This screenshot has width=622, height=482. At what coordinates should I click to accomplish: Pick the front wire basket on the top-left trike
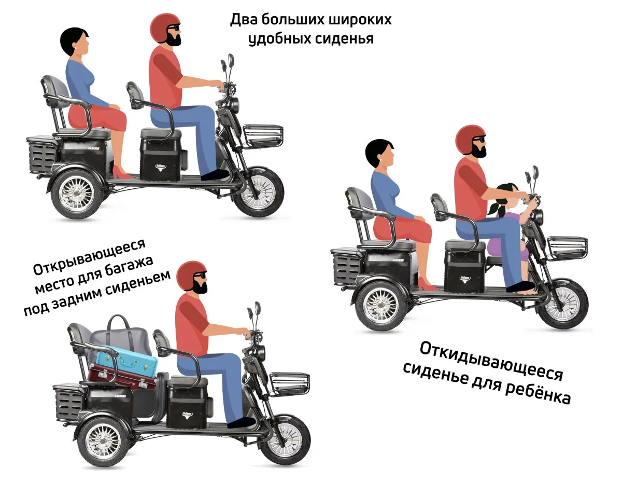coord(263,136)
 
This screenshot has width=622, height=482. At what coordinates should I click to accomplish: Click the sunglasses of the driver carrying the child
coord(478,140)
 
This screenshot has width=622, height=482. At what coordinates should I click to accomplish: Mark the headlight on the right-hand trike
coord(539,216)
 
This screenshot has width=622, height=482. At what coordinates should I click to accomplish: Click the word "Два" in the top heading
coord(243,19)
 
